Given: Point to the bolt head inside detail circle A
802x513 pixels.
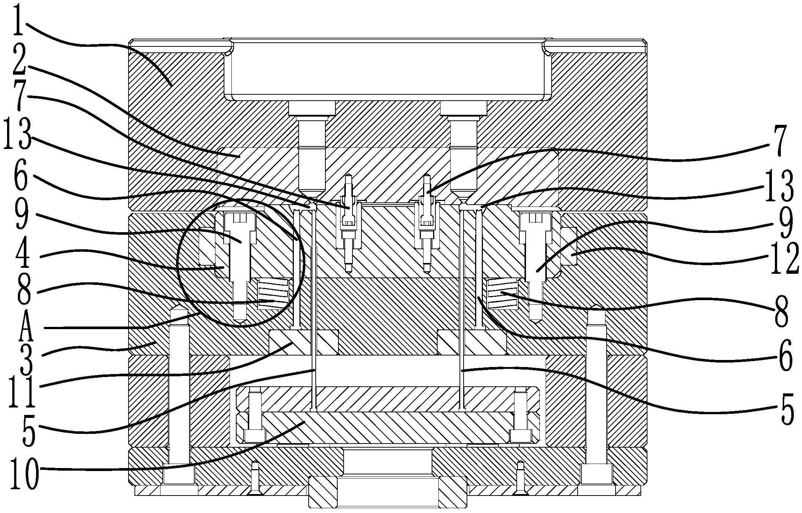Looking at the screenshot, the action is pyautogui.click(x=240, y=221).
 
